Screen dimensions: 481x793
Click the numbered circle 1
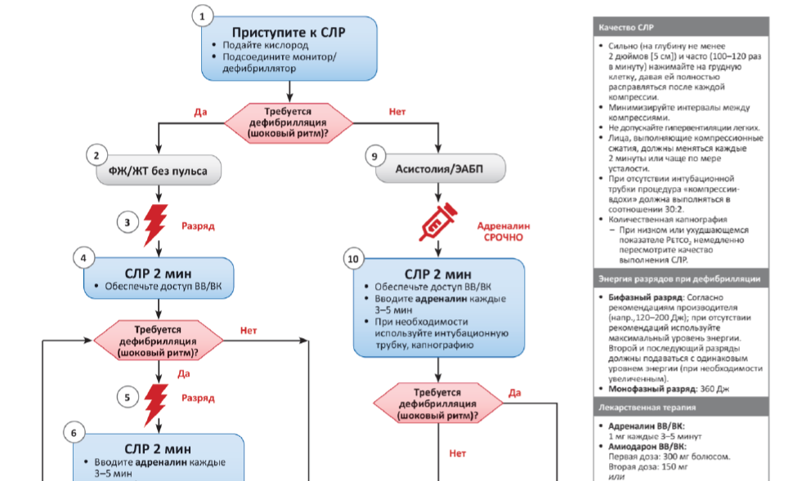pos(203,16)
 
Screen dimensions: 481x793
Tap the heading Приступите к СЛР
pos(289,33)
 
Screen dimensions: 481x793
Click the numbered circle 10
pos(352,260)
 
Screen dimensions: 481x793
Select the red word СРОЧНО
pos(503,238)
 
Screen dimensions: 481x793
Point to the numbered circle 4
pos(83,258)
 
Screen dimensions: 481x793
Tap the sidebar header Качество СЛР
pos(625,28)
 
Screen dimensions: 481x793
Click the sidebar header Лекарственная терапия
pos(646,406)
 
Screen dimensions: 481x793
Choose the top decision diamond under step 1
pos(289,121)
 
